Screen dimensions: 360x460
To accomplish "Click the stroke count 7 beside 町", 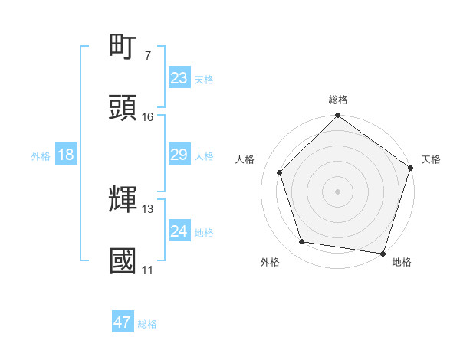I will (147, 55).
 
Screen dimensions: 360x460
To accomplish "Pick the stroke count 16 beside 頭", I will (147, 116).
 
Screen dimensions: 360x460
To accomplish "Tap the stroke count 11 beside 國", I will (147, 270).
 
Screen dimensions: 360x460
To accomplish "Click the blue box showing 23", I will (179, 78).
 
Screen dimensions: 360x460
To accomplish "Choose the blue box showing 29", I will (179, 155).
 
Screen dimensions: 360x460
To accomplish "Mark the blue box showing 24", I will (179, 232).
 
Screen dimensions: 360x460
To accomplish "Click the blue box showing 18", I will (66, 155).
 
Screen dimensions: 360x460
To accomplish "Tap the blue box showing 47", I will (123, 323).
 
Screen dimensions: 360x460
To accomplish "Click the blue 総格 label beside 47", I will (147, 324).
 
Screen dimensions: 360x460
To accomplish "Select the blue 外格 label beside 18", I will (41, 156).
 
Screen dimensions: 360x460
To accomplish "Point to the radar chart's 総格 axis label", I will (338, 100).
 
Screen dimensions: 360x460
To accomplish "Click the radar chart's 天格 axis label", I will (431, 159).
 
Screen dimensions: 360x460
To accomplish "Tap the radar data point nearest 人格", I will (280, 172).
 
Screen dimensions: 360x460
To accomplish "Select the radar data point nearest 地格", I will (383, 253).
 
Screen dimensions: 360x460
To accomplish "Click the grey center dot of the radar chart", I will (338, 191).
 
